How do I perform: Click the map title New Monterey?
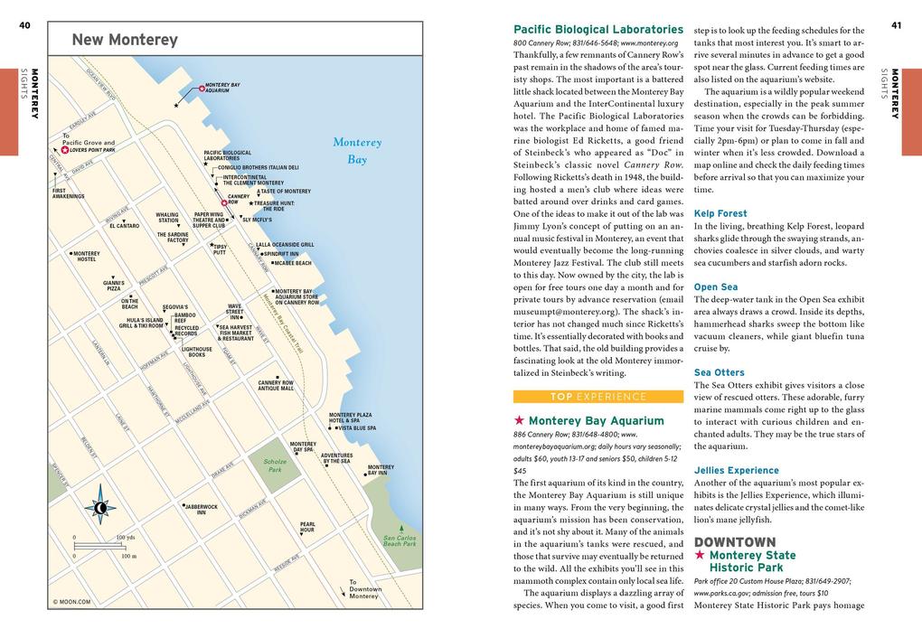pos(125,40)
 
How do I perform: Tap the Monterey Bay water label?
pos(357,151)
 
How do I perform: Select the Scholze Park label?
pos(276,465)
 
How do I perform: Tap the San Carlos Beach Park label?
pos(399,540)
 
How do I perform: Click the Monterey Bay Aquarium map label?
pos(222,88)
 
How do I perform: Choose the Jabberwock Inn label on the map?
pos(201,509)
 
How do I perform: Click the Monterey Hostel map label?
pos(87,257)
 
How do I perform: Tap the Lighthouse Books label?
pos(196,352)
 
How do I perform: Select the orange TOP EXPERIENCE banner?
pos(597,396)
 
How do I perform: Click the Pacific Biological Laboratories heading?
pos(597,30)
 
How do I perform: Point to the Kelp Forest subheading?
pos(720,214)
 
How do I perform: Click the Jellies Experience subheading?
pos(736,470)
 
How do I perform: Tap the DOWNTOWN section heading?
pos(734,542)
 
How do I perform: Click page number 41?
pos(896,25)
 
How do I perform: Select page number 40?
pos(24,25)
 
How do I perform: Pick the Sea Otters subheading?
pos(719,372)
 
